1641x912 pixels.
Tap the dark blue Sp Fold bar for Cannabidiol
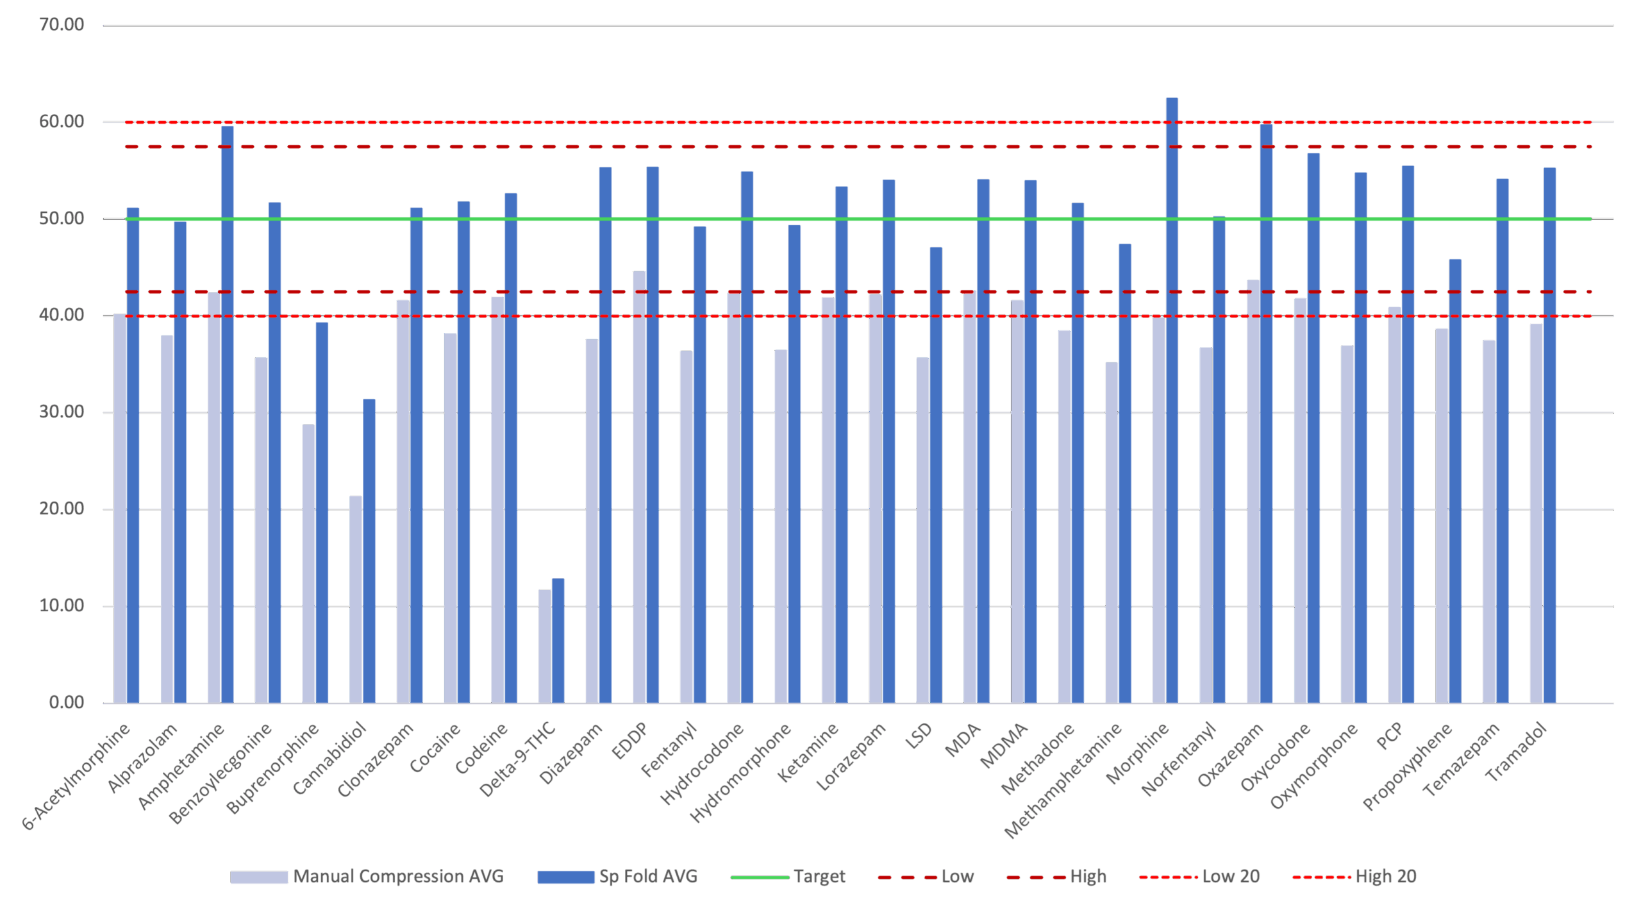click(369, 552)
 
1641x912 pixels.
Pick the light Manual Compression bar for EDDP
click(639, 487)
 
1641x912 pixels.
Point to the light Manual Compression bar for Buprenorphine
click(308, 564)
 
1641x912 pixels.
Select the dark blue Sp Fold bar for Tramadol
click(1549, 436)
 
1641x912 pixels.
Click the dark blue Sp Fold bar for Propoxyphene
click(1455, 481)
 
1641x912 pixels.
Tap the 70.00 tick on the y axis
click(62, 25)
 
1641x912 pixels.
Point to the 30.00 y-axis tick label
click(62, 412)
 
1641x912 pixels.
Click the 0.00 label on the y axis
click(66, 702)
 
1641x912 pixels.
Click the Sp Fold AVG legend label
click(647, 877)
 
